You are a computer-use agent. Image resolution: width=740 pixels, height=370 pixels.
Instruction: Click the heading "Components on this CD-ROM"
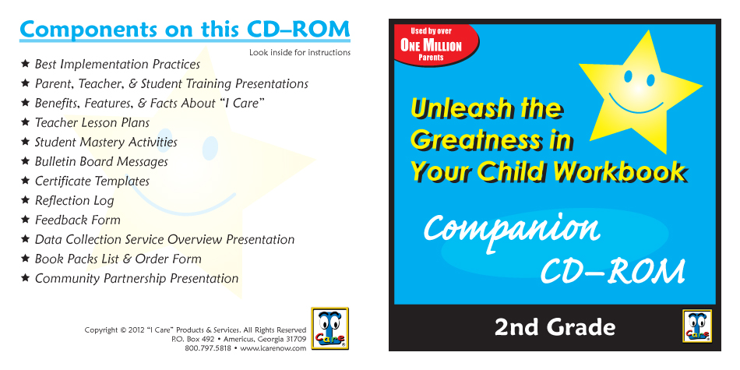185,30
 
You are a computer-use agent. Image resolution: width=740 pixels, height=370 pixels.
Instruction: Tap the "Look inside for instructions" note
300,52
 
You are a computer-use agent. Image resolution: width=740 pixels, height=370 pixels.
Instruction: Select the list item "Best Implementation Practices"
118,64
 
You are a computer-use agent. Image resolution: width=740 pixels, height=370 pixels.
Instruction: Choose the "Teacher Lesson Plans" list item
92,123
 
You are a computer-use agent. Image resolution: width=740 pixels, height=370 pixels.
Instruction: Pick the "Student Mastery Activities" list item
106,142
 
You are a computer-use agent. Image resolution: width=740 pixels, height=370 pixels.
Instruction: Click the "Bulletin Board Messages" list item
101,161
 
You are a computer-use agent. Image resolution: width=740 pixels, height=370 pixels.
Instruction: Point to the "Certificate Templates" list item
92,181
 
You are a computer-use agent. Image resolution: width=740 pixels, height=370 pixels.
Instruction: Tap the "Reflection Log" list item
75,200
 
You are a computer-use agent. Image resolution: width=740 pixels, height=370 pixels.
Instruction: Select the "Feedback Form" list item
78,220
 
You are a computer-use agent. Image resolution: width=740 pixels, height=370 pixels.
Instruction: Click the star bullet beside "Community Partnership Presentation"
26,277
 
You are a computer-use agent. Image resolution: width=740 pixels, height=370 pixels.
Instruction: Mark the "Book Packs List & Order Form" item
118,259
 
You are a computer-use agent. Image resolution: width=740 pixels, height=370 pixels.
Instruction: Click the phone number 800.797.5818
208,348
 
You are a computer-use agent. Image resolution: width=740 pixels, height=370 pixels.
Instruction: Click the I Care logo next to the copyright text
330,329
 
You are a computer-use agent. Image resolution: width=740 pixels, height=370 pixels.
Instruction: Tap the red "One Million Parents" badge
435,44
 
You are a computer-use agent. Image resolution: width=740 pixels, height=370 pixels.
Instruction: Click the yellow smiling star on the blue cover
641,92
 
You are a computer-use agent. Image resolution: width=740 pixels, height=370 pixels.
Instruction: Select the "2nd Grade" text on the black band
555,327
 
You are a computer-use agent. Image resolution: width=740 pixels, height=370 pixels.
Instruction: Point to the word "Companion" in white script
512,229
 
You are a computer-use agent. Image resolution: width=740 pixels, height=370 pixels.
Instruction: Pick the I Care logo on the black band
697,326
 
